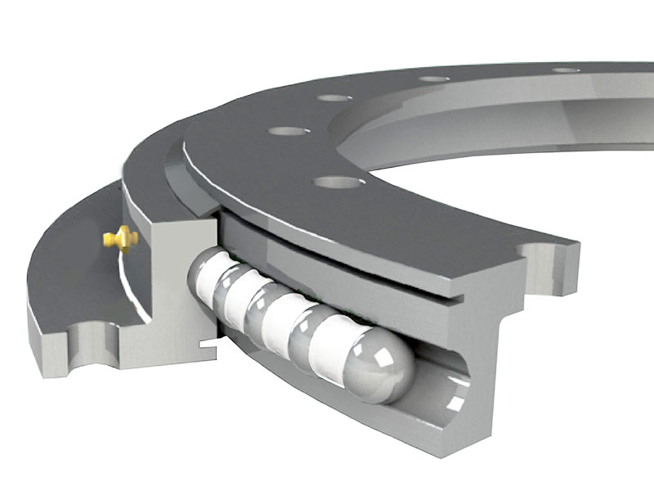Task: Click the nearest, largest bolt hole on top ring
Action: click(x=337, y=182)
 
